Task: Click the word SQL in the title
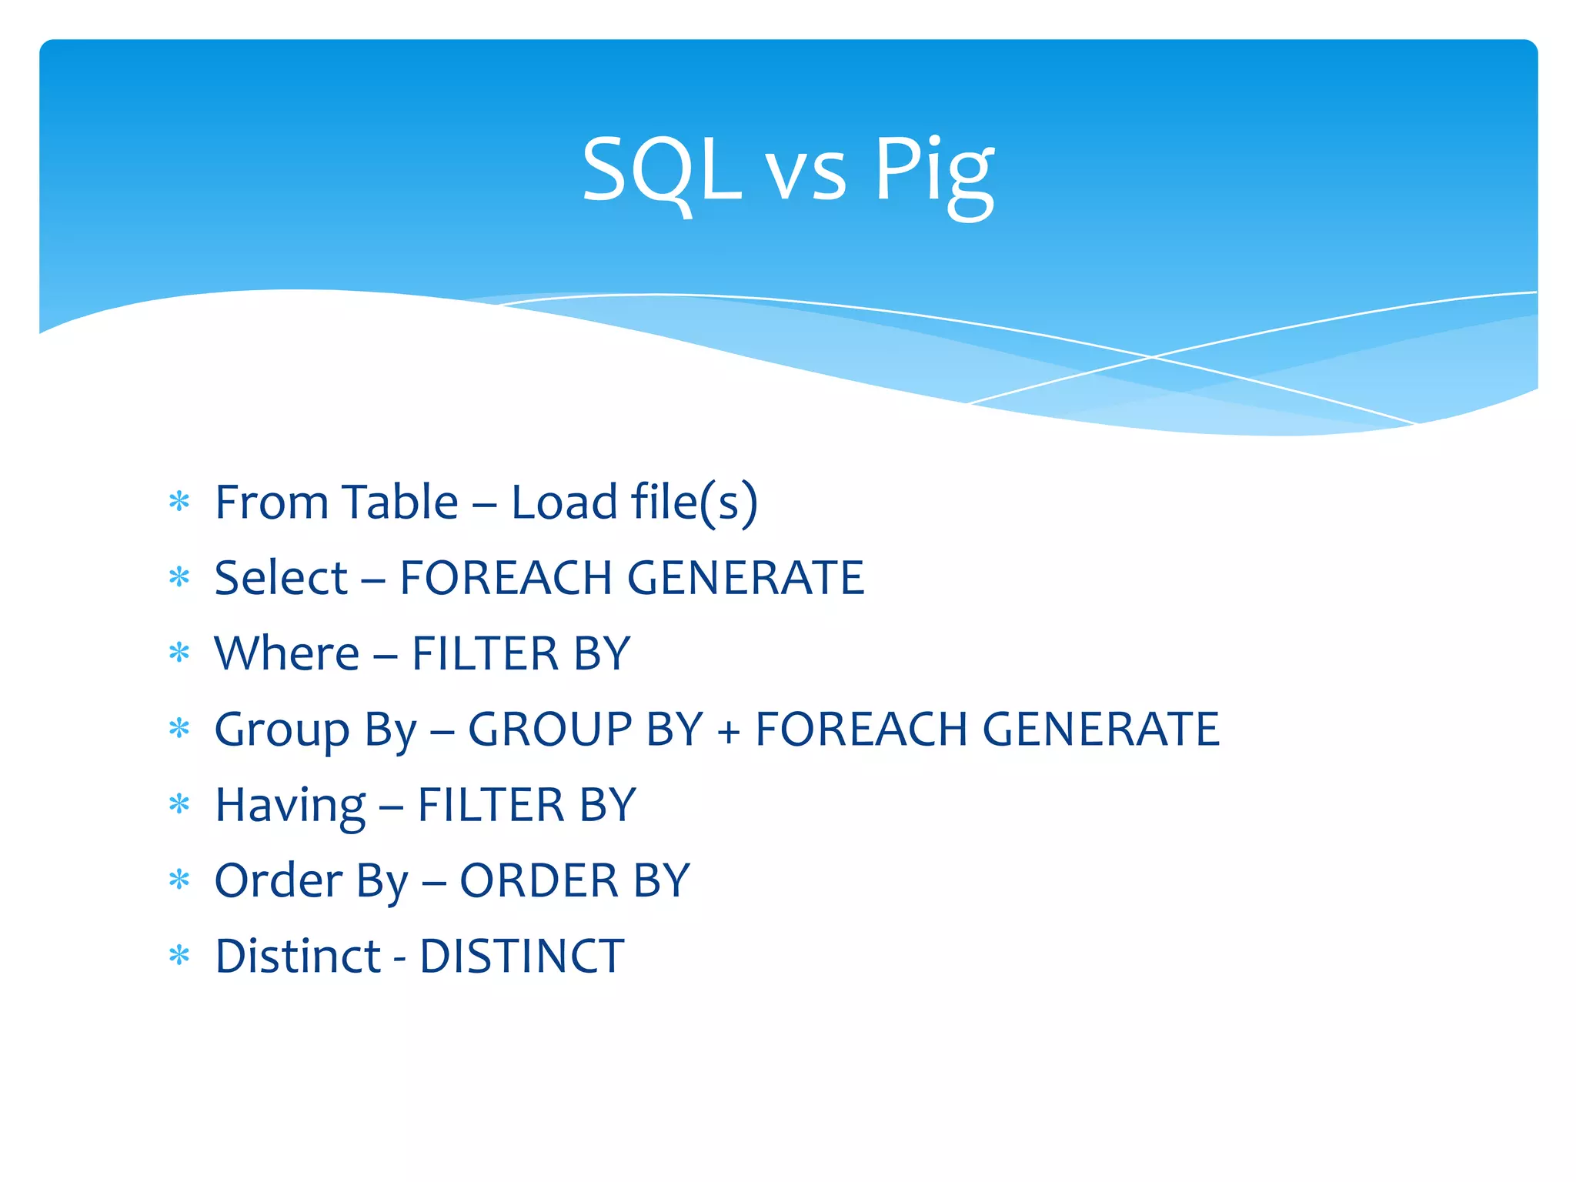(x=661, y=171)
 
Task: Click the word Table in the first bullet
(x=399, y=503)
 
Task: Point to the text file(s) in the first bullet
(x=694, y=503)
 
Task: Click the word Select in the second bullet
(x=281, y=578)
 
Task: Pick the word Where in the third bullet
(x=286, y=653)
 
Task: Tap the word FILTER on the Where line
(x=485, y=653)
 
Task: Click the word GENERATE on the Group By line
(x=1101, y=730)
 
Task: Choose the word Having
(x=290, y=806)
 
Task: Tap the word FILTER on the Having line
(x=490, y=805)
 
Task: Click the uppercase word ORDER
(x=539, y=880)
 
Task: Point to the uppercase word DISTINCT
(x=522, y=957)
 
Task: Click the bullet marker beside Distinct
(x=179, y=956)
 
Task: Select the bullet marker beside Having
(x=179, y=805)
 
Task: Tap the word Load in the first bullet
(x=564, y=503)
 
